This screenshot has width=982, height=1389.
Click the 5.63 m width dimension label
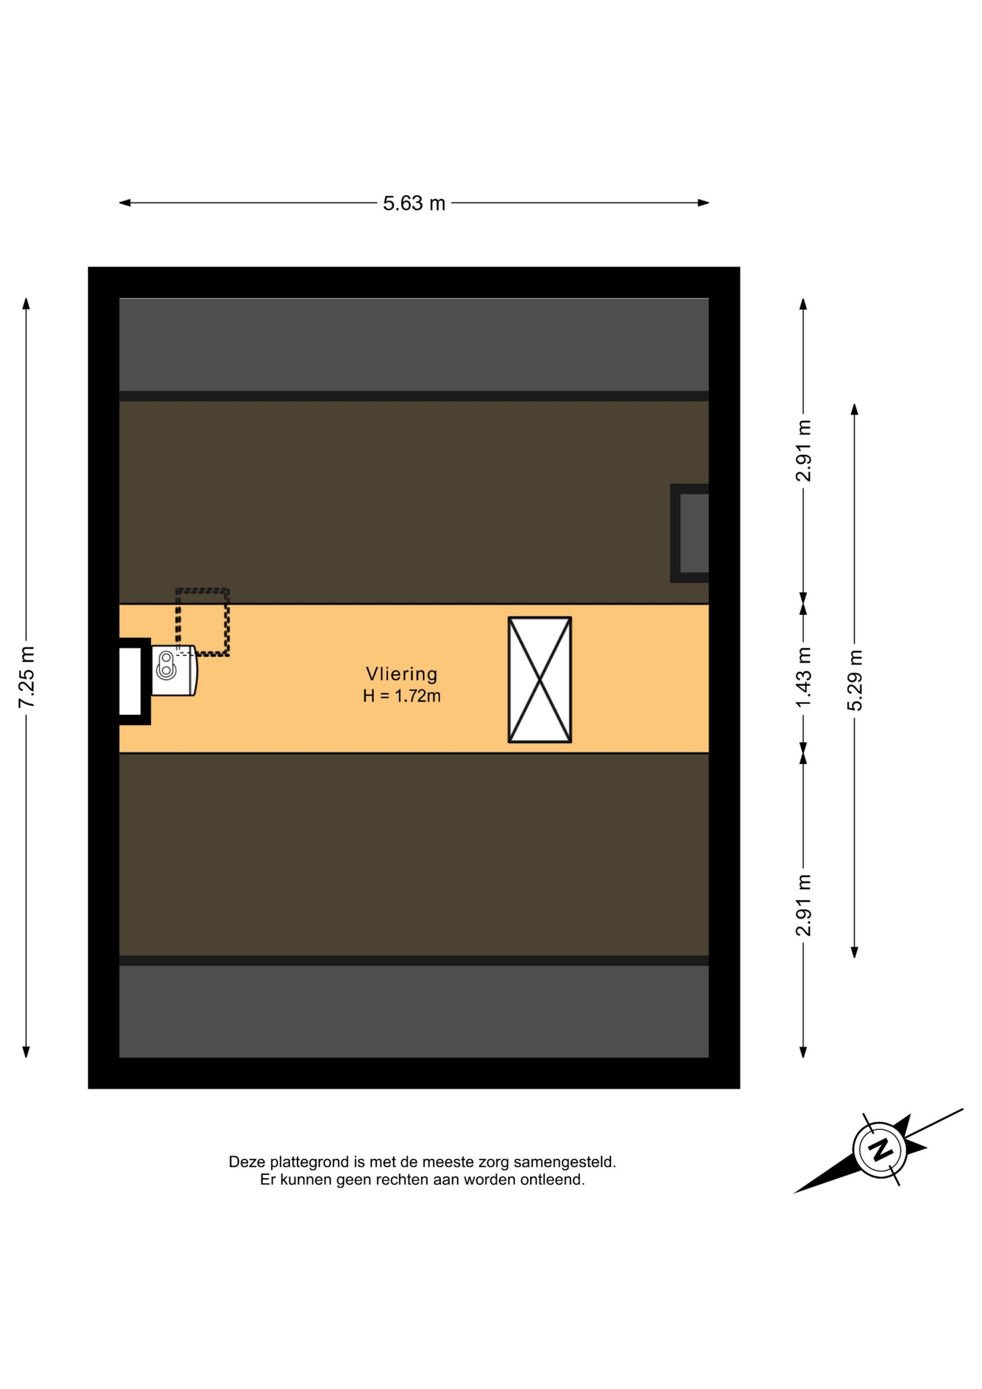(x=414, y=203)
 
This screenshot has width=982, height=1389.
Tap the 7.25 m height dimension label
(x=26, y=677)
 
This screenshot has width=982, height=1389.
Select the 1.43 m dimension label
(x=803, y=678)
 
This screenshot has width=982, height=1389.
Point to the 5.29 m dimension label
(x=855, y=680)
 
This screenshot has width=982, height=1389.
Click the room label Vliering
(x=401, y=674)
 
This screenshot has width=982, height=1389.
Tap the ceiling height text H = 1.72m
(x=401, y=696)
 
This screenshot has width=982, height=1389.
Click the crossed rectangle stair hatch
(x=539, y=679)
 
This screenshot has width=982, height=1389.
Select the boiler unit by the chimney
(x=174, y=671)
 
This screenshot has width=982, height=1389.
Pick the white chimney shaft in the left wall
(x=130, y=681)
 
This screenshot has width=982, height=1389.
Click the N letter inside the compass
(x=880, y=1150)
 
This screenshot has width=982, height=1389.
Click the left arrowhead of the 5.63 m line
(x=124, y=203)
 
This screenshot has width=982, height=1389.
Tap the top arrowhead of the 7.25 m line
(x=26, y=303)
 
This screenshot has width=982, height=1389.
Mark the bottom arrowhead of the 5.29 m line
(x=855, y=953)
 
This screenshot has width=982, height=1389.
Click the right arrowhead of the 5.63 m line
(x=704, y=203)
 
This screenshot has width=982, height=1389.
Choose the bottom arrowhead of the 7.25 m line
(x=26, y=1052)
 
